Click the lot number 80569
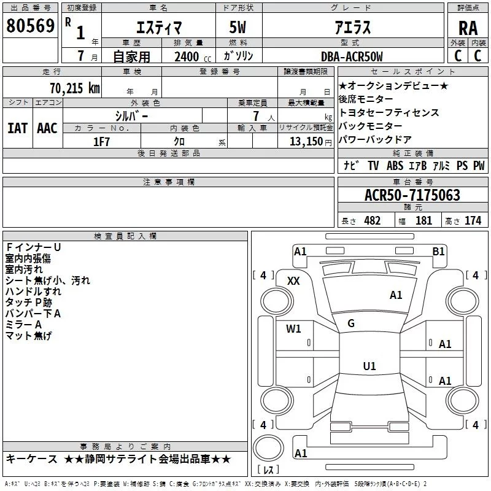point(30,26)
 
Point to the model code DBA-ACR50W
point(352,56)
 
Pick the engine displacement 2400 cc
point(189,56)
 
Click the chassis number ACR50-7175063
point(412,195)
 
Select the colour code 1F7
point(102,141)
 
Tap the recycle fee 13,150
point(304,141)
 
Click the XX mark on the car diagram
point(293,280)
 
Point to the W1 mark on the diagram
point(293,328)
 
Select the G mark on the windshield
point(351,323)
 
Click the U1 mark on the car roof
point(369,366)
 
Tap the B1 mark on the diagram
point(438,251)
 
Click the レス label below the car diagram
point(268,471)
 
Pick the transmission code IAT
point(17,128)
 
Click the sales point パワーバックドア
point(375,139)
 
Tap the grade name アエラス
point(352,28)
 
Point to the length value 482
point(371,220)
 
